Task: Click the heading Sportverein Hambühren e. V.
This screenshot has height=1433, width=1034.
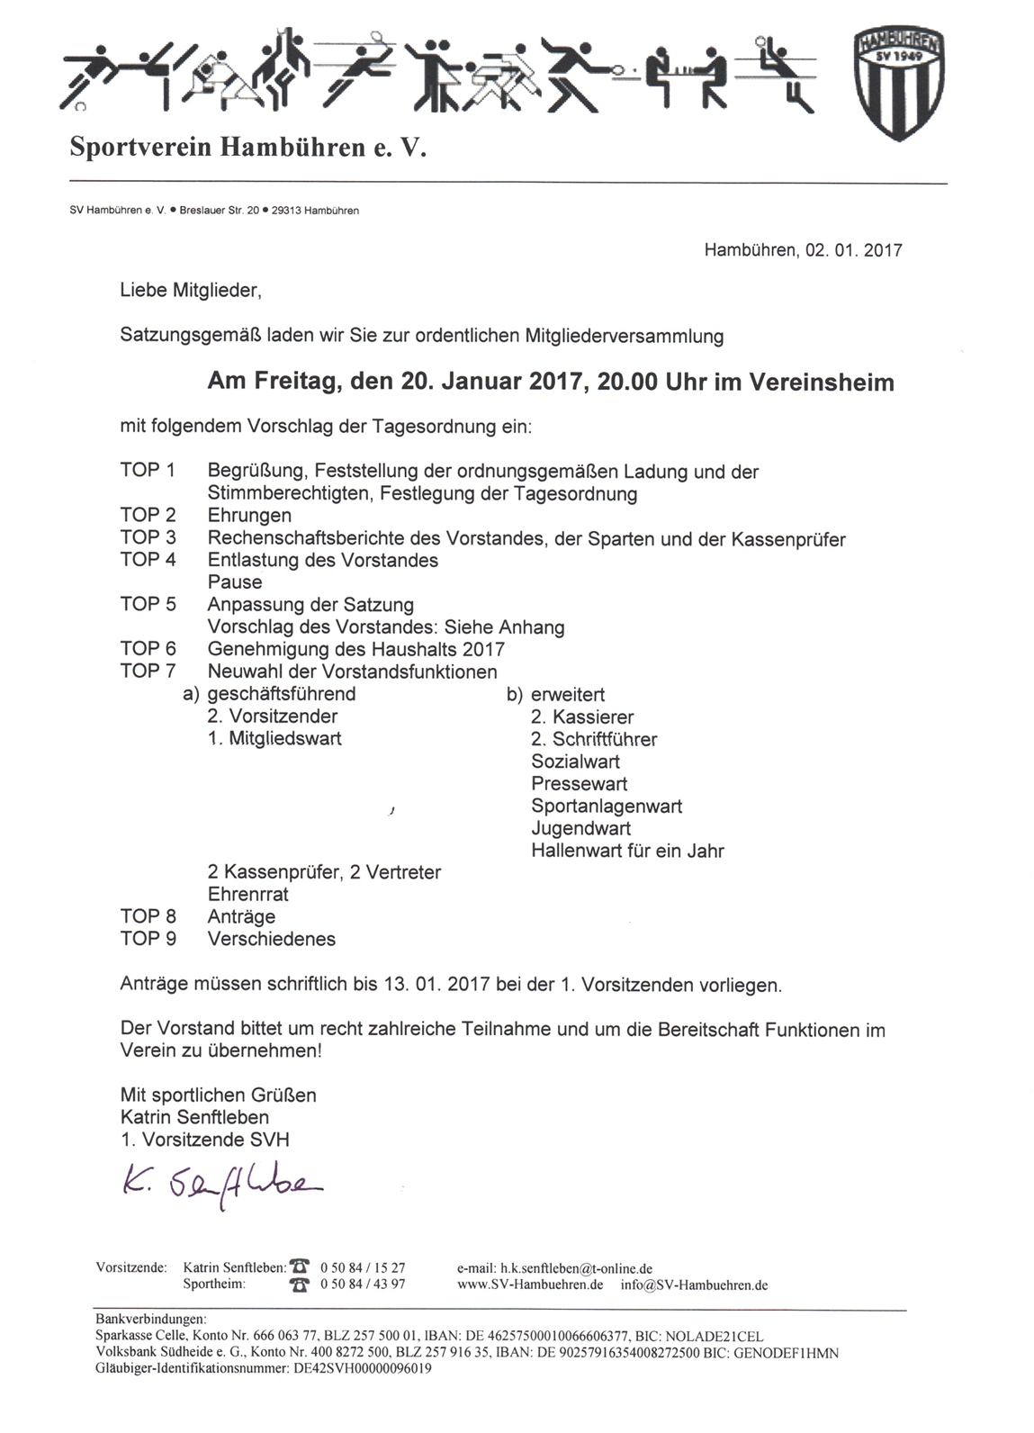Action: [x=247, y=148]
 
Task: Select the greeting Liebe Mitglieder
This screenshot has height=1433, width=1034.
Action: [x=191, y=291]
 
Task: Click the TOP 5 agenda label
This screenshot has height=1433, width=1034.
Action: [x=148, y=604]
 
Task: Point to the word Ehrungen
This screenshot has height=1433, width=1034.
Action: [x=249, y=516]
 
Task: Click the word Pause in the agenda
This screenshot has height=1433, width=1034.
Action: [x=235, y=582]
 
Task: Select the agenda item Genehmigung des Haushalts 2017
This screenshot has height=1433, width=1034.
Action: [x=355, y=649]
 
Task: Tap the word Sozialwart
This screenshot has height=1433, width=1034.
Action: [x=575, y=762]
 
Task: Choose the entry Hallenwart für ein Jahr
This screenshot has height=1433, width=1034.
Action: [x=627, y=851]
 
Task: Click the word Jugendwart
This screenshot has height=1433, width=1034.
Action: [x=580, y=828]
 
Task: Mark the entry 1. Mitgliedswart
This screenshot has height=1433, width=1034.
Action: [x=274, y=739]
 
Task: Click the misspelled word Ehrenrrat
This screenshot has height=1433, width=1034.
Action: [x=248, y=895]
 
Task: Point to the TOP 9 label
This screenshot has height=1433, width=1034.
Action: [x=148, y=939]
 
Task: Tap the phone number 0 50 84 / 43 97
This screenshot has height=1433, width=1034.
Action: [x=363, y=1284]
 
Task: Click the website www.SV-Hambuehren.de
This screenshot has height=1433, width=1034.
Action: [x=530, y=1284]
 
